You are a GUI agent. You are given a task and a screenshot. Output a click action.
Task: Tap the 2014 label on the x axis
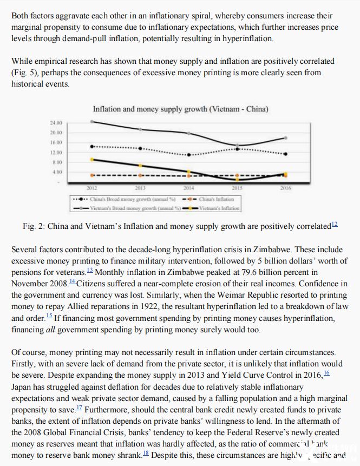[x=189, y=188]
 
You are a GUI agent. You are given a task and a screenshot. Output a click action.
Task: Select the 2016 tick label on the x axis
[x=286, y=188]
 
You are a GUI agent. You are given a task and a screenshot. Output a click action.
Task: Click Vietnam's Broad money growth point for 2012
[x=92, y=122]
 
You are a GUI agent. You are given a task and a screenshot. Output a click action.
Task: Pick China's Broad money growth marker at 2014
[x=189, y=155]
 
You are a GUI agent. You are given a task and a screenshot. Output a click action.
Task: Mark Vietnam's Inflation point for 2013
[x=141, y=166]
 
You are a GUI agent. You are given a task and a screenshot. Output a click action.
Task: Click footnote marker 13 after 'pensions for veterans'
[x=90, y=270]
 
